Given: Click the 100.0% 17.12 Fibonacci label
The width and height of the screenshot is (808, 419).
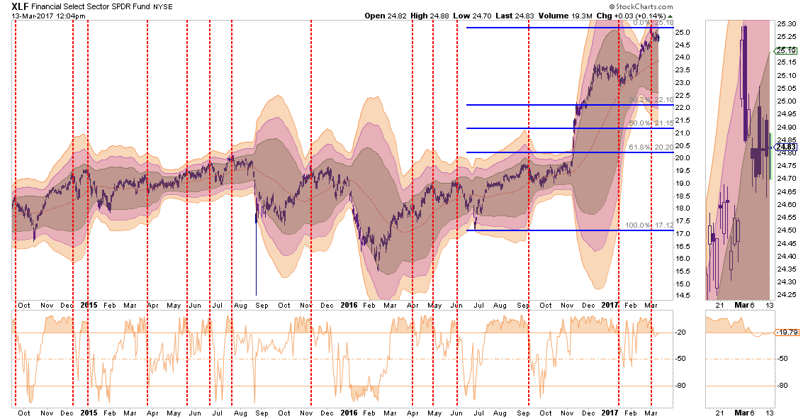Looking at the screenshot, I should click(649, 225).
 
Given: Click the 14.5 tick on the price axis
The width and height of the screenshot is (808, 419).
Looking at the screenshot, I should click(683, 296).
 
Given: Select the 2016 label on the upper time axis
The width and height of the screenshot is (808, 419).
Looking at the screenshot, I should click(348, 305).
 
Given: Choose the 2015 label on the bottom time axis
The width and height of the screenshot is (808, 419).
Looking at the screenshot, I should click(89, 412).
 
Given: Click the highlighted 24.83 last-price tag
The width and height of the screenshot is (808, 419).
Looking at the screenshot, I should click(786, 147).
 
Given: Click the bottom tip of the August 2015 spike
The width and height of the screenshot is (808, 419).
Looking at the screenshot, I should click(256, 295).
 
